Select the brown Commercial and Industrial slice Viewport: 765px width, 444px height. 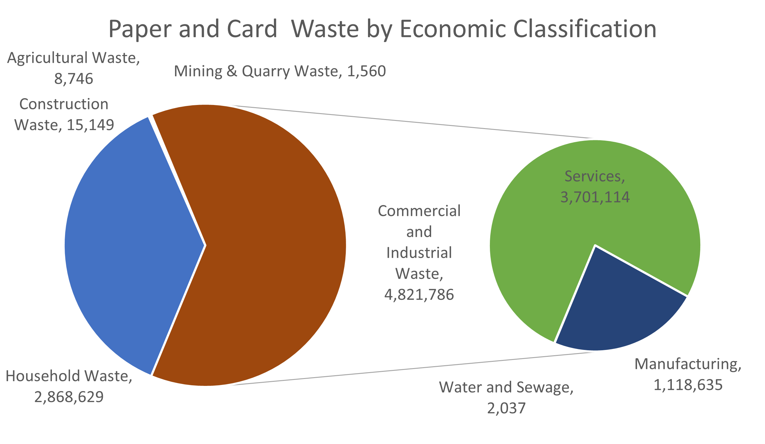pos(266,244)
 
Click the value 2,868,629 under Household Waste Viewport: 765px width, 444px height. pos(69,397)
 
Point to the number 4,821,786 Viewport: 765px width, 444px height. pos(419,295)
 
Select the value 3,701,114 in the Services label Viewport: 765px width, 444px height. pos(595,197)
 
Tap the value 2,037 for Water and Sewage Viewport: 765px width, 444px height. pos(506,408)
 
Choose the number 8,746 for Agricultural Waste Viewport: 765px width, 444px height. pos(74,79)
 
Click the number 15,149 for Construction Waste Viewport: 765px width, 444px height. pos(90,125)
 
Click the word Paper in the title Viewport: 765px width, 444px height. pos(140,29)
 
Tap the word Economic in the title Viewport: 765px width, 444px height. pos(453,29)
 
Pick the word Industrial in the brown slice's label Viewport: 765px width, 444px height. pos(419,253)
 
